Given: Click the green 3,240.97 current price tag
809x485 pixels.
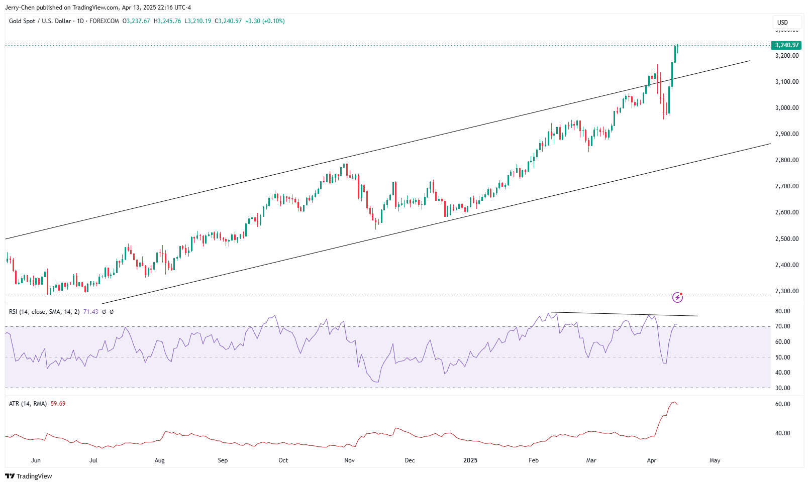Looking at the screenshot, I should pyautogui.click(x=786, y=45).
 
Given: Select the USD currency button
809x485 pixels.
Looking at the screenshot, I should pyautogui.click(x=782, y=22).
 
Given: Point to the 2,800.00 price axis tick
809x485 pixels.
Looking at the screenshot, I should pyautogui.click(x=787, y=160).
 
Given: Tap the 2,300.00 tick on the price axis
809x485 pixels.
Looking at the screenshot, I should pyautogui.click(x=787, y=291).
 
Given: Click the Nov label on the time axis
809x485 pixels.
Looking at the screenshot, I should pyautogui.click(x=350, y=460).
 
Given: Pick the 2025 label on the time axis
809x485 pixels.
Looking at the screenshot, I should pyautogui.click(x=470, y=460).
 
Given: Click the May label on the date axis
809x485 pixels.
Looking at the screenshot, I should pyautogui.click(x=715, y=460).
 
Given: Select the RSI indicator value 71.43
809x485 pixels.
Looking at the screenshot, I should pyautogui.click(x=90, y=312).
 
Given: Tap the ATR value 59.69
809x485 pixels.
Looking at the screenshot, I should pyautogui.click(x=58, y=404).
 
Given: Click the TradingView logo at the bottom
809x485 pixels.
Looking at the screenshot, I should pyautogui.click(x=29, y=476).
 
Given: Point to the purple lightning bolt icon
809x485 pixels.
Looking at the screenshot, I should pyautogui.click(x=677, y=298).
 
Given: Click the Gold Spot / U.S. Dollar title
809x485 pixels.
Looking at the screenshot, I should pyautogui.click(x=40, y=21).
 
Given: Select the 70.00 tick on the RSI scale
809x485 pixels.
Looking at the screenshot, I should pyautogui.click(x=783, y=326).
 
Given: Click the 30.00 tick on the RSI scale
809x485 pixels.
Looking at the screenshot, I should pyautogui.click(x=783, y=388).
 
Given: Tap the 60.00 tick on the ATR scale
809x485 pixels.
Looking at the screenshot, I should pyautogui.click(x=783, y=404).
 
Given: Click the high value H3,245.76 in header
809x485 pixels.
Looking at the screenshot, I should pyautogui.click(x=167, y=21).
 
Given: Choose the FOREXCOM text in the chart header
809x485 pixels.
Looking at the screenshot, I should pyautogui.click(x=104, y=21).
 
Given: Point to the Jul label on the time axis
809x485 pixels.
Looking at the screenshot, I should pyautogui.click(x=93, y=460).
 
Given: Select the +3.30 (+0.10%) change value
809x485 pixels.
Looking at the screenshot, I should pyautogui.click(x=265, y=21).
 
